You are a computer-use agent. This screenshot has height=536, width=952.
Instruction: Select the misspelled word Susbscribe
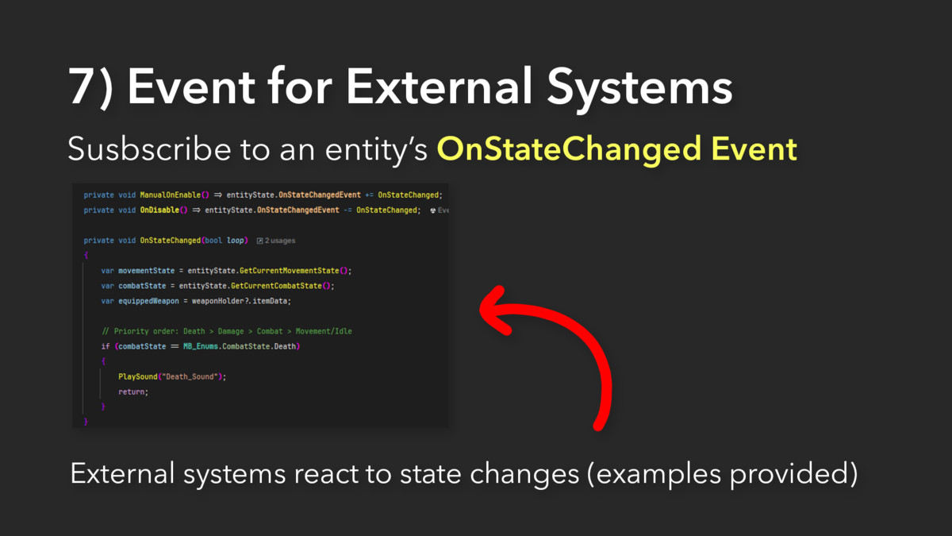pyautogui.click(x=149, y=148)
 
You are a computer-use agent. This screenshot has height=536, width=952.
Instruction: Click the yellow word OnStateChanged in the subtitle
pyautogui.click(x=569, y=149)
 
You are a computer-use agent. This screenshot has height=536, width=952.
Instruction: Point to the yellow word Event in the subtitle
pyautogui.click(x=754, y=149)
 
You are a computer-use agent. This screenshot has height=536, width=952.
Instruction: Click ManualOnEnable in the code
pyautogui.click(x=171, y=195)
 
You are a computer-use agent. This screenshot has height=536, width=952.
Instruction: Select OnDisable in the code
pyautogui.click(x=159, y=210)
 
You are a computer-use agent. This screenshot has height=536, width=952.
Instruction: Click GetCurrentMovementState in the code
pyautogui.click(x=289, y=271)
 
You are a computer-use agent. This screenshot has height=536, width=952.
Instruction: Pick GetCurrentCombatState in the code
pyautogui.click(x=276, y=286)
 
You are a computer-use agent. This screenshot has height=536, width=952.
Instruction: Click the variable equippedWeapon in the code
pyautogui.click(x=149, y=301)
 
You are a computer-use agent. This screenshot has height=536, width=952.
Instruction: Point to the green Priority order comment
pyautogui.click(x=227, y=331)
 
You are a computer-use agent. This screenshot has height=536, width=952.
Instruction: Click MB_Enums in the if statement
pyautogui.click(x=201, y=346)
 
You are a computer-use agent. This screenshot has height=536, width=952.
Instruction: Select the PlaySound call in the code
pyautogui.click(x=138, y=377)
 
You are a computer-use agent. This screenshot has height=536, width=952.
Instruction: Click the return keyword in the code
pyautogui.click(x=132, y=391)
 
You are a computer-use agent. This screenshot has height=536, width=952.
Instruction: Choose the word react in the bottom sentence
pyautogui.click(x=326, y=474)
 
